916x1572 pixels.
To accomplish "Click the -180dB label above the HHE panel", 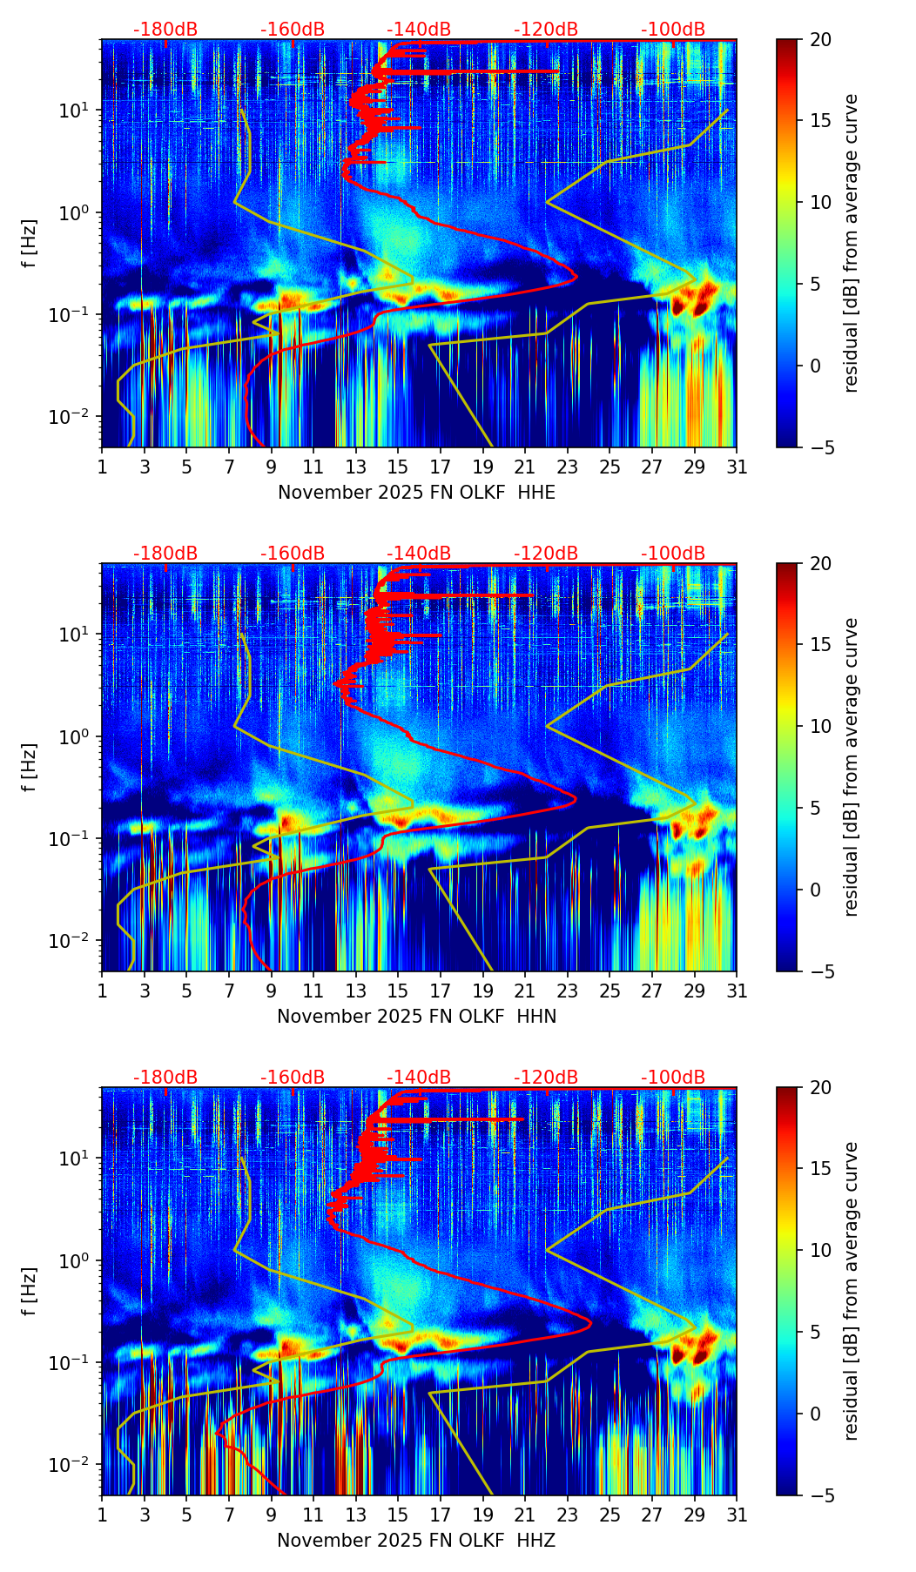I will [165, 30].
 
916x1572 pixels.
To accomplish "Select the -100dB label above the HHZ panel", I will [673, 1078].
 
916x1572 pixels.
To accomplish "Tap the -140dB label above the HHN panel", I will [419, 554].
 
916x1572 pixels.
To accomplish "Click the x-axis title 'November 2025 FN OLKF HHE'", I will [416, 493].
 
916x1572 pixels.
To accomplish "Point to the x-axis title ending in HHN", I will [416, 1017].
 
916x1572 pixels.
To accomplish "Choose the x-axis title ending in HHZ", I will [416, 1541].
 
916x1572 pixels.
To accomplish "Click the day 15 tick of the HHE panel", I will [398, 467].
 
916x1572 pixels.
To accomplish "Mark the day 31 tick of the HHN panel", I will [736, 991].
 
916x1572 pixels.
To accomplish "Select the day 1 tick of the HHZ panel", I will [103, 1515].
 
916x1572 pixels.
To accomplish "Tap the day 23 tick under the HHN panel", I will [567, 991].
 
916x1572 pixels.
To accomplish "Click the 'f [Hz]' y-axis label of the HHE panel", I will [30, 243].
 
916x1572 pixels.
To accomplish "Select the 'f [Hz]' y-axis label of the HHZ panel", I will [30, 1291].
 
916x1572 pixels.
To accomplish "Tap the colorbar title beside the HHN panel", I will [852, 767].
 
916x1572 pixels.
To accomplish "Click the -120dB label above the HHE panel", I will [546, 30].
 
